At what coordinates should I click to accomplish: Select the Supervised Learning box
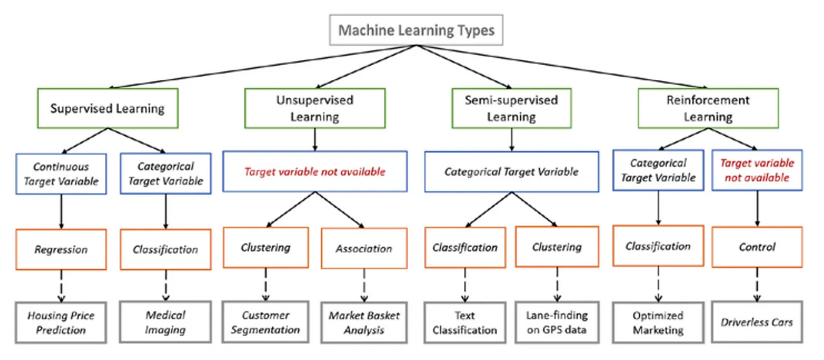107,109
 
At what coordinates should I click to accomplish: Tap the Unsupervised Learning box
314,108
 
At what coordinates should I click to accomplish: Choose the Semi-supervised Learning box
511,108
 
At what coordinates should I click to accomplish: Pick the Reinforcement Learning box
707,108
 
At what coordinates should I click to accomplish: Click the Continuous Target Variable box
61,173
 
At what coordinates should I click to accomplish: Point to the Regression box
61,250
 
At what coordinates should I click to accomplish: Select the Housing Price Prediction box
61,322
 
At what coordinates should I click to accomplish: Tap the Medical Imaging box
165,322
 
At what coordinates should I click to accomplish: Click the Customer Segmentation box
266,322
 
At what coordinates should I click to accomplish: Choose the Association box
363,248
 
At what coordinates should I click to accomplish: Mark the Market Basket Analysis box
364,322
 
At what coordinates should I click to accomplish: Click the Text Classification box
465,322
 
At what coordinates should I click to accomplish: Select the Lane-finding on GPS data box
556,322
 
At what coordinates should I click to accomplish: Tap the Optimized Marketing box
658,322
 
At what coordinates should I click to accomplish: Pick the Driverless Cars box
757,322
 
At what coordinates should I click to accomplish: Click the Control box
757,247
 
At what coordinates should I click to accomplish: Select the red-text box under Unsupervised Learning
314,172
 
